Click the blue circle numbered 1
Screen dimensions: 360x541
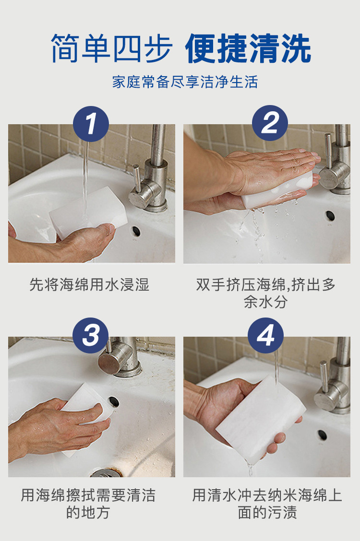(91, 124)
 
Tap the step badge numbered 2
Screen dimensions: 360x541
(270, 123)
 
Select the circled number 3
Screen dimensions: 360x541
(90, 335)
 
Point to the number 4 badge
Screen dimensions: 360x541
(265, 335)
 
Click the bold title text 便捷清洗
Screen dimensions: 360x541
(249, 48)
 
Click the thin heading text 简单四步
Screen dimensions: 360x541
(111, 48)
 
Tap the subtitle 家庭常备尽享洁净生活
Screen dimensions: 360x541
(185, 82)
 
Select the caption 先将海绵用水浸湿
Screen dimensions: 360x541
(89, 284)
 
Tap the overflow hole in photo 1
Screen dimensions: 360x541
(136, 231)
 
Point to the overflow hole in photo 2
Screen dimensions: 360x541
(330, 216)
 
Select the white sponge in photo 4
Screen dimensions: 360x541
(261, 419)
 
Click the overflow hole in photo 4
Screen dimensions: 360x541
(323, 435)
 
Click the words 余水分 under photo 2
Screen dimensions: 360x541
(265, 302)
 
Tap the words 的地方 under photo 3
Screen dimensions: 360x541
(88, 512)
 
